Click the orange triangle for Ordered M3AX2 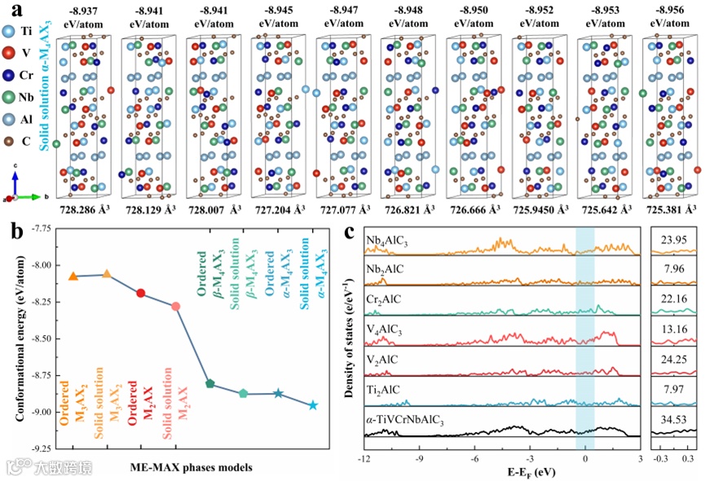click(73, 277)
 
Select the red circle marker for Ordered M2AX click(141, 293)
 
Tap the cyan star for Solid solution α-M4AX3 click(313, 405)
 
